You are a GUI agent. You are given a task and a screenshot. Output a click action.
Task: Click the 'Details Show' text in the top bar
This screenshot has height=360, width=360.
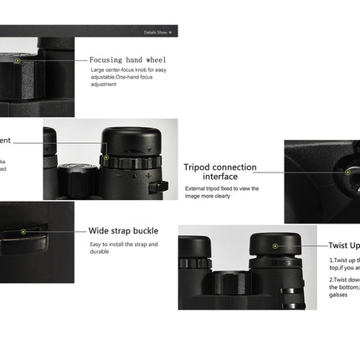point(155,33)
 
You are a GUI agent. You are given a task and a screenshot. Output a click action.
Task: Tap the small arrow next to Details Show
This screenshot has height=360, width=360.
point(171,33)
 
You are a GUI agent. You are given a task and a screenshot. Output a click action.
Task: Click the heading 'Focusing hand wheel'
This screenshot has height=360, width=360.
point(127,60)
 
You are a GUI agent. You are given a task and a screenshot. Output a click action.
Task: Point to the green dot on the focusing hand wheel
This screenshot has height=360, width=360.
point(18,61)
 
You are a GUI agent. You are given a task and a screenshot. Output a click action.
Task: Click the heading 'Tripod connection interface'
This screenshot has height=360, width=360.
point(220,171)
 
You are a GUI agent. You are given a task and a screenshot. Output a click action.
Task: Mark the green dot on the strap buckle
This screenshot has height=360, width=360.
point(24,230)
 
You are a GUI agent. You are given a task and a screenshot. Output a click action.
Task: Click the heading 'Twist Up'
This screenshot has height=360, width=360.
point(343,246)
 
